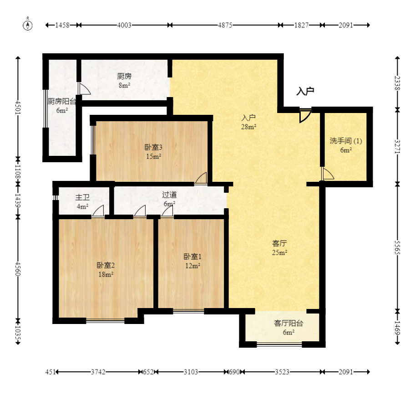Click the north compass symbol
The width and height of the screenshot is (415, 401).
coord(28,25)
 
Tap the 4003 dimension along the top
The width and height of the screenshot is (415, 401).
coord(124,25)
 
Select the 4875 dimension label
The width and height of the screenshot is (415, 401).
coord(225,25)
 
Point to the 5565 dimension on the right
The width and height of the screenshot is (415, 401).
coord(397,247)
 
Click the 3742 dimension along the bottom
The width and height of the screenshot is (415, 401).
coord(98,372)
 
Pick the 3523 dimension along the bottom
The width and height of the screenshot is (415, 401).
coord(282,372)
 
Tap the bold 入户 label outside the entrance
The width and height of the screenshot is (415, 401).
coord(305,91)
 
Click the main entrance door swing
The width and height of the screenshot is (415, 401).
coord(304,116)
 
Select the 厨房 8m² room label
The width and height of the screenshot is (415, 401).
coord(124,81)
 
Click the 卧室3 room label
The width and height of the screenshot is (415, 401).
coord(153,147)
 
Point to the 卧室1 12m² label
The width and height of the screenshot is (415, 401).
coord(192,261)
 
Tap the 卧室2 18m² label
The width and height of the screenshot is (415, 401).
coord(106,270)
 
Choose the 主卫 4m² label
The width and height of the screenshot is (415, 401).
coord(82,201)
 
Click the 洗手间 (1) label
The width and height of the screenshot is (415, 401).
coord(346,141)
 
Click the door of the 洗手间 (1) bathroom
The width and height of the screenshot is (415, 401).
coord(328,174)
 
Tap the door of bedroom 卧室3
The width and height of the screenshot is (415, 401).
coord(201,178)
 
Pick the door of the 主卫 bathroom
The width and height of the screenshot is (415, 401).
coord(98,211)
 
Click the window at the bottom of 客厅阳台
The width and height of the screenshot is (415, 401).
coord(279,344)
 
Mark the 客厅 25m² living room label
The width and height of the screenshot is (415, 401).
coord(279,248)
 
